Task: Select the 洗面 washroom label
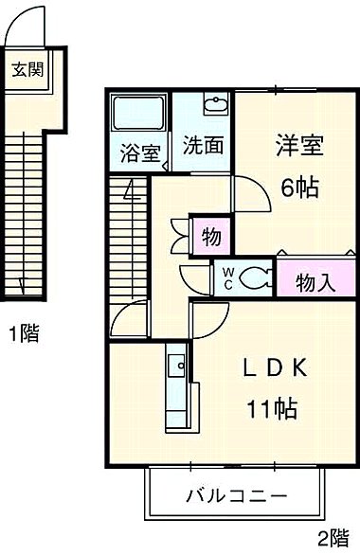[203, 147]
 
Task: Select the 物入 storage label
[315, 281]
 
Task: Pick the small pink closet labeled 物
[210, 234]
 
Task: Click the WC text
[229, 277]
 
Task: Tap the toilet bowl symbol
[254, 277]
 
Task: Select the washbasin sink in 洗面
[214, 104]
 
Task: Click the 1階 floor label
[24, 333]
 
